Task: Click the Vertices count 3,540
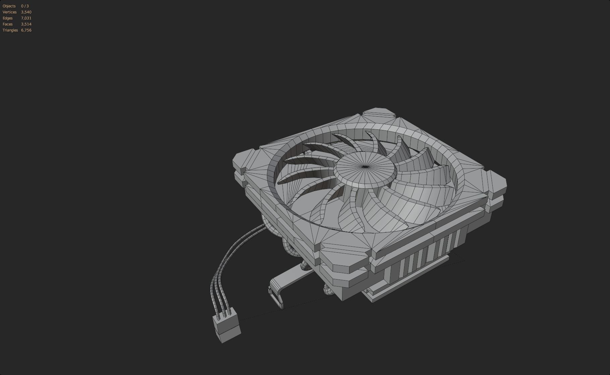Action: click(26, 12)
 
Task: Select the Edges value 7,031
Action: click(26, 18)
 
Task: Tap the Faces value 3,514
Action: click(26, 24)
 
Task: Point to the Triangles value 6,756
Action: click(26, 30)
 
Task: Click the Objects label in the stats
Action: click(9, 6)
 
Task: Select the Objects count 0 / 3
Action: click(25, 6)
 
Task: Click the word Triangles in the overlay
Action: click(10, 30)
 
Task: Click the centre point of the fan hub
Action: click(365, 167)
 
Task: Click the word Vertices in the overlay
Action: click(9, 12)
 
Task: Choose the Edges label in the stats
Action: click(7, 18)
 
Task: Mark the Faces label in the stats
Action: click(7, 24)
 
